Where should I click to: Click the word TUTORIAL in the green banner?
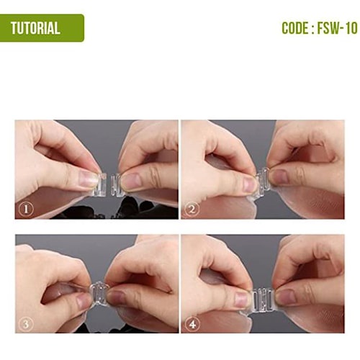point(35,28)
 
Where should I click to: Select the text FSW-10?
point(338,28)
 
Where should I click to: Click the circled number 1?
point(26,210)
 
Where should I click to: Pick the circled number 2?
point(192,210)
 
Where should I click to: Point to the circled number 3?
point(26,324)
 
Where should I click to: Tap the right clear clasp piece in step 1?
point(117,185)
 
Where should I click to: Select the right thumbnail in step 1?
point(130,181)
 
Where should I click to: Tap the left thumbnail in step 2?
point(249,184)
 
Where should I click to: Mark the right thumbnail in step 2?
point(279,177)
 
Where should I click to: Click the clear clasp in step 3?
point(99,293)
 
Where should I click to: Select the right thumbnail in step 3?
point(116,298)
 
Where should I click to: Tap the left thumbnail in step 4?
point(242,300)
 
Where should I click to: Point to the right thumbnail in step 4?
point(285,297)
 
